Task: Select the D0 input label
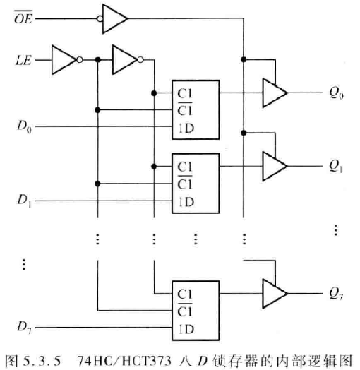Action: pyautogui.click(x=25, y=127)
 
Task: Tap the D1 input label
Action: pyautogui.click(x=25, y=201)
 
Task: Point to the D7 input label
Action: pyautogui.click(x=25, y=327)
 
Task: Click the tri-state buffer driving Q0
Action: pyautogui.click(x=273, y=92)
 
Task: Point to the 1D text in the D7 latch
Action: pyautogui.click(x=186, y=327)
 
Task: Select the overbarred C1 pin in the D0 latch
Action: pyautogui.click(x=186, y=110)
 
